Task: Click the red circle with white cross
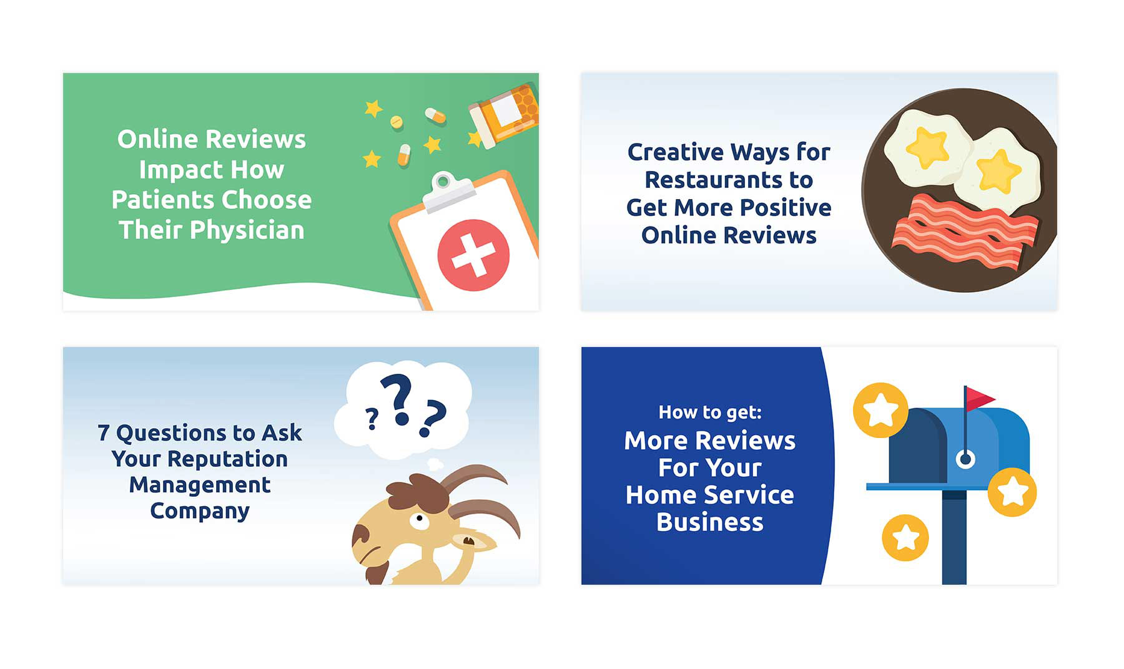coord(473,255)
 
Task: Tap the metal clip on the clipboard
coord(445,191)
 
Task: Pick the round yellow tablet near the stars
coord(397,122)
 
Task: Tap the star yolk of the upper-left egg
coord(927,148)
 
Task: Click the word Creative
coord(676,152)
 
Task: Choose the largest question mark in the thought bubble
coord(397,399)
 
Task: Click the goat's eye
coord(418,519)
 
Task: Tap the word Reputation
coord(227,460)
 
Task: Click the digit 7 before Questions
coord(104,432)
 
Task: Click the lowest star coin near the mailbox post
coord(905,537)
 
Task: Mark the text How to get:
coord(710,412)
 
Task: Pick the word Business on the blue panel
coord(710,522)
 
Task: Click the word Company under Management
coord(200,511)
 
